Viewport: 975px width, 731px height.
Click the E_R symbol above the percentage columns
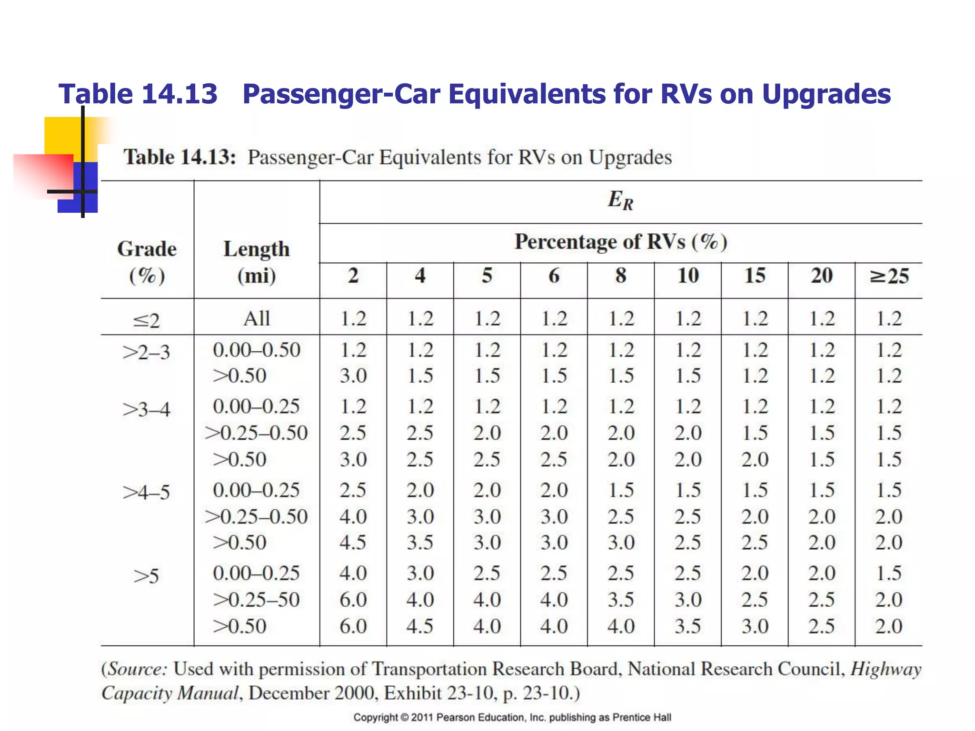pyautogui.click(x=620, y=200)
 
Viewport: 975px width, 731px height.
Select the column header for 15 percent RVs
pyautogui.click(x=755, y=276)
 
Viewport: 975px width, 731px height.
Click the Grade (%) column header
pyautogui.click(x=147, y=262)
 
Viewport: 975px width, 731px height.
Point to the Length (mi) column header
pyautogui.click(x=257, y=262)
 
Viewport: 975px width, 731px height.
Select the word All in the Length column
pyautogui.click(x=257, y=318)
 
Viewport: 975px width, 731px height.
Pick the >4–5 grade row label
pyautogui.click(x=147, y=492)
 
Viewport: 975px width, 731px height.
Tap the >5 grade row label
pyautogui.click(x=146, y=576)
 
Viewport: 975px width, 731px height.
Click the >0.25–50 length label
pyautogui.click(x=257, y=600)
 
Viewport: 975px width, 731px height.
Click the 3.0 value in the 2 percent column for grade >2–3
pyautogui.click(x=353, y=376)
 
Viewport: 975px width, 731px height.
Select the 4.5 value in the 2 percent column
pyautogui.click(x=353, y=543)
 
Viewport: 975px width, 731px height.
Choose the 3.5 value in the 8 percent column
pyautogui.click(x=621, y=600)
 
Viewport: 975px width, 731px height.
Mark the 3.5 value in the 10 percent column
pyautogui.click(x=688, y=626)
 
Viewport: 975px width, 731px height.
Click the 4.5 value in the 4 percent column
pyautogui.click(x=420, y=626)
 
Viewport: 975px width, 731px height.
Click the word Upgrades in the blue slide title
pyautogui.click(x=826, y=94)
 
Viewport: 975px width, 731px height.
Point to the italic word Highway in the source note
pyautogui.click(x=886, y=670)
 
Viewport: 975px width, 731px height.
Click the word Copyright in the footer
pyautogui.click(x=375, y=717)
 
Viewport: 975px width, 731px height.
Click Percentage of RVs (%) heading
pyautogui.click(x=621, y=242)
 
